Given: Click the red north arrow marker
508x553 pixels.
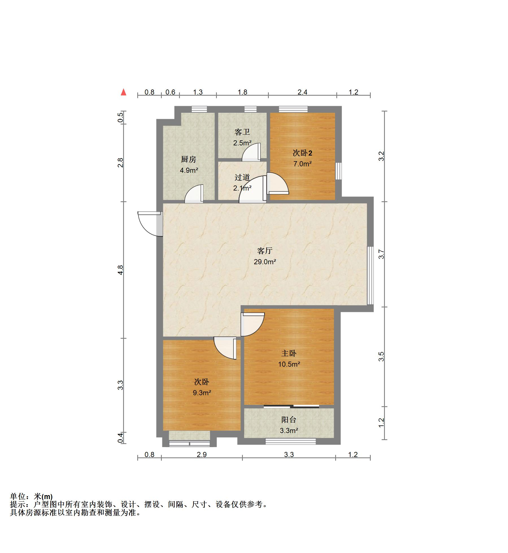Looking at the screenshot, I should click(123, 92).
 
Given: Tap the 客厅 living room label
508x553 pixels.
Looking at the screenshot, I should click(265, 251).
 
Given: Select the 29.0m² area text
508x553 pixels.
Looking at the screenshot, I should click(265, 262).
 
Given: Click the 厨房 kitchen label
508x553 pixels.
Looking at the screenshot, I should click(188, 159).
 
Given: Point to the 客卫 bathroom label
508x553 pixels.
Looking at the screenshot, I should click(242, 132).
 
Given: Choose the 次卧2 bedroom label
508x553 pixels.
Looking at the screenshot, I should click(302, 153).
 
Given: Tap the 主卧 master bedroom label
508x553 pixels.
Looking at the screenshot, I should click(289, 353).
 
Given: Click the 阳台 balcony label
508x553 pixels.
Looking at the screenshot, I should click(289, 420).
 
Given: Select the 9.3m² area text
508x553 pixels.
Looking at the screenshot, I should click(202, 393).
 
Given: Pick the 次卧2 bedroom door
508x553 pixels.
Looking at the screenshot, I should click(277, 183).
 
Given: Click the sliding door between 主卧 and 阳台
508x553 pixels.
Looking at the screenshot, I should click(291, 406).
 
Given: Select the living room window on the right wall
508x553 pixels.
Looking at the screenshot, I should click(370, 276).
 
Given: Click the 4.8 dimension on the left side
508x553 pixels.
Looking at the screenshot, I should click(121, 270).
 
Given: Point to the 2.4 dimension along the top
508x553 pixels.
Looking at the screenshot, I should click(302, 92).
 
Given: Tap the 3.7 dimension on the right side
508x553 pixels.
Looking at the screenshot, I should click(381, 254).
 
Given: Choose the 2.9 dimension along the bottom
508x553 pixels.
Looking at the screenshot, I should click(202, 454).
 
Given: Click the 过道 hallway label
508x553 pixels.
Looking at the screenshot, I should click(242, 177).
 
